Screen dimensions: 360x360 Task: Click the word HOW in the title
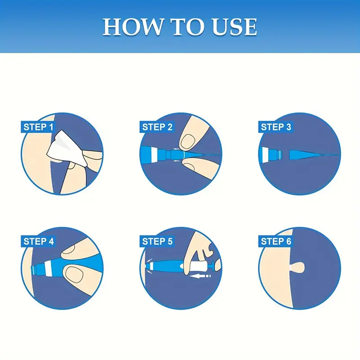tap(132, 27)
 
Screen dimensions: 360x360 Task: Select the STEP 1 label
tap(38, 127)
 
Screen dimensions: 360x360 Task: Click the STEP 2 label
tap(157, 127)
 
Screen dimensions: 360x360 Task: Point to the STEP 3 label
tap(276, 127)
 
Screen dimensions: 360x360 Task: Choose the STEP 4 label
tap(38, 242)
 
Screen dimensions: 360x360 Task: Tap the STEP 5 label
tap(157, 242)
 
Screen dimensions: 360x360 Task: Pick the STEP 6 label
tap(276, 242)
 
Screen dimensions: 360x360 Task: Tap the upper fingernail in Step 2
tap(187, 141)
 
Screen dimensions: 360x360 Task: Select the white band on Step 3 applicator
tap(266, 154)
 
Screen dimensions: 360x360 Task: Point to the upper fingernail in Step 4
tap(70, 249)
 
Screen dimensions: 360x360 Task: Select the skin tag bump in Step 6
tap(298, 267)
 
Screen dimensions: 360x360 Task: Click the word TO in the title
tap(187, 27)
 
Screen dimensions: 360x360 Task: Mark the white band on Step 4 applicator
tap(48, 269)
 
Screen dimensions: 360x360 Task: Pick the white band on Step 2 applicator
tap(154, 154)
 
